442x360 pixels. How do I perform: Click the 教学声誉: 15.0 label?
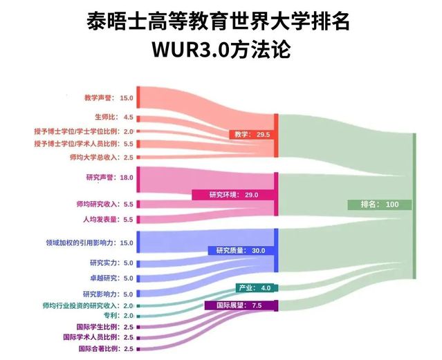109,98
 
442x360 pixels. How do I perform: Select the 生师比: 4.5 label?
114,117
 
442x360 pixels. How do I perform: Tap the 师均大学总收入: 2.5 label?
102,157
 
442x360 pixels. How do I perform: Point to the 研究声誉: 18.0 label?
110,178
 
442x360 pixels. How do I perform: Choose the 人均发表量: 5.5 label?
108,219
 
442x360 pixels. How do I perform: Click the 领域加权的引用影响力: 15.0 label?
89,243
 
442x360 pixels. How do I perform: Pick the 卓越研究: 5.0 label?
111,278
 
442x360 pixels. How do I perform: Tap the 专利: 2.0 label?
119,316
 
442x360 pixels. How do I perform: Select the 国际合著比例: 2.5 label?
106,349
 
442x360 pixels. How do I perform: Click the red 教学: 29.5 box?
252,135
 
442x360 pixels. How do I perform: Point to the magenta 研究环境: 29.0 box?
233,195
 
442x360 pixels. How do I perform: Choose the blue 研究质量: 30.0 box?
241,251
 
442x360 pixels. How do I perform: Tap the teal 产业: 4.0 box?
257,288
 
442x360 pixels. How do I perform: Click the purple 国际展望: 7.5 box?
241,305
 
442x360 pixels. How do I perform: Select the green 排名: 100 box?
380,205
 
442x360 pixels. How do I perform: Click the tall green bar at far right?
414,206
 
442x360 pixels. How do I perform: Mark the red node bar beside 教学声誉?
138,97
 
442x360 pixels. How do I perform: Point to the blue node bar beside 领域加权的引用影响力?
138,242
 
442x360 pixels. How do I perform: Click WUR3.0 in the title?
191,50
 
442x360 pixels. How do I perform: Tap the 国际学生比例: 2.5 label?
105,327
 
